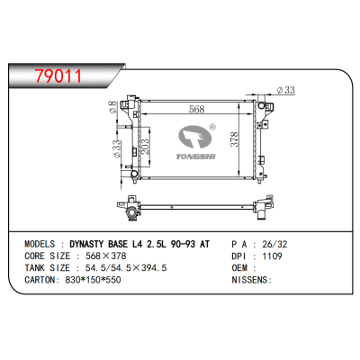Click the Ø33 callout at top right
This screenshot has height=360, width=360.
(x=287, y=89)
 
